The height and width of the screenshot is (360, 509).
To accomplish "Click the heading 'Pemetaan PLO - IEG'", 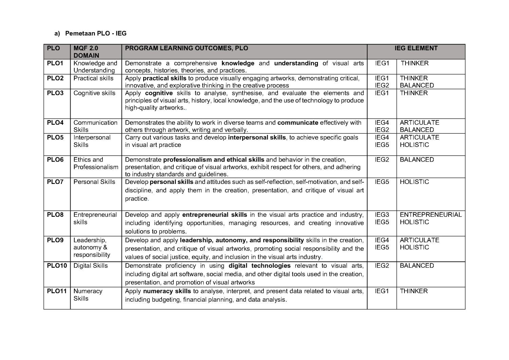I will click(96, 33).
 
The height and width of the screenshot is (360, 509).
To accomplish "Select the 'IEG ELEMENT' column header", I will click(416, 48).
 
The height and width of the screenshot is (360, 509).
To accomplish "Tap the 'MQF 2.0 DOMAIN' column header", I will click(86, 52).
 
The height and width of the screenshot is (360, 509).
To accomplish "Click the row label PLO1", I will click(55, 63).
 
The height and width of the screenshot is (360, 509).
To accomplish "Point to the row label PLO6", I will click(55, 159).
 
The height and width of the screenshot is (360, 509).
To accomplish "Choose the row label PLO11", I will click(57, 291).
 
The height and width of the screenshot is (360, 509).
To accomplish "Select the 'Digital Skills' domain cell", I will click(90, 266).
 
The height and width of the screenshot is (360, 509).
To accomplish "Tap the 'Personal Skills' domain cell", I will click(94, 182).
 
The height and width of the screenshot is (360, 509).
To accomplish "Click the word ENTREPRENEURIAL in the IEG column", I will click(430, 215).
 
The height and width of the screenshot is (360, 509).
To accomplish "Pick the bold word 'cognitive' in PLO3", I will click(159, 93).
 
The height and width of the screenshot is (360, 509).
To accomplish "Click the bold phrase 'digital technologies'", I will click(260, 266).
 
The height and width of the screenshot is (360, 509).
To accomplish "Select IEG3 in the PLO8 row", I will click(382, 215).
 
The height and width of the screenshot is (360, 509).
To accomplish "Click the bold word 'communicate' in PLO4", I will click(298, 122).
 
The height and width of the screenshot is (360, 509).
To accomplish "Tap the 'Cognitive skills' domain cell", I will click(94, 93).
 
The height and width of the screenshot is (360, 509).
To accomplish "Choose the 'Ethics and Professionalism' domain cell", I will click(96, 163).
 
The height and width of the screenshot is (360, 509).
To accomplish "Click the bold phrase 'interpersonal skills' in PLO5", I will click(257, 137).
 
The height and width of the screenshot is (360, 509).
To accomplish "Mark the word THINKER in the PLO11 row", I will click(414, 291).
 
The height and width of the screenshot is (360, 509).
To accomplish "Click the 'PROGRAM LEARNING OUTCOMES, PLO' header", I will click(186, 48).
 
